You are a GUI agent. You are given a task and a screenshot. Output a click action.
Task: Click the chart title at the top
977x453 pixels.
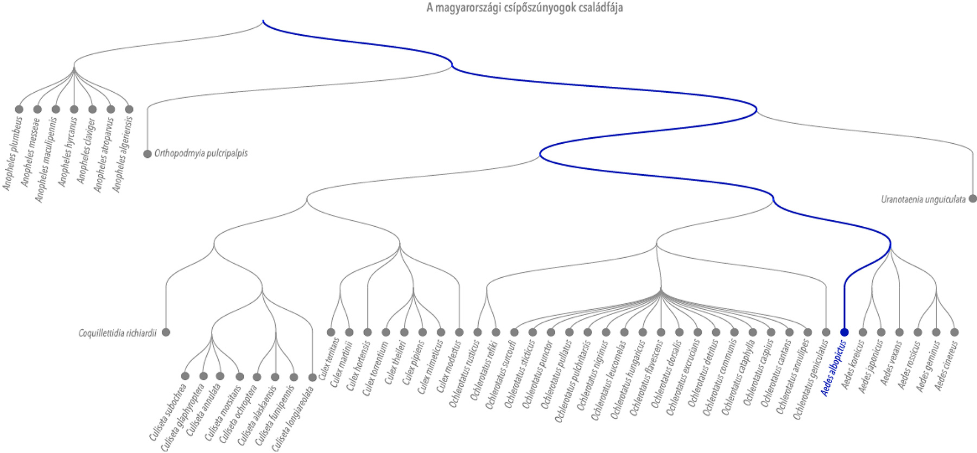coord(524,8)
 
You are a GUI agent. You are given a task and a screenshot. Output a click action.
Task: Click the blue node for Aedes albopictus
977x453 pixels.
coord(844,332)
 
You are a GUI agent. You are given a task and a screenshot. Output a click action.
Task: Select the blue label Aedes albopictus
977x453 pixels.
coord(834,368)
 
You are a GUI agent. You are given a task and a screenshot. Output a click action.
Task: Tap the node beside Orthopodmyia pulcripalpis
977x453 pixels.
coord(147,154)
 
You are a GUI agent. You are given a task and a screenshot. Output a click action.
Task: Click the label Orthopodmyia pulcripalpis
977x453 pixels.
coord(201,154)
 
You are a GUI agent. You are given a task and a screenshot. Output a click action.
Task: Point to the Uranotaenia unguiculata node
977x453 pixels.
coord(973,199)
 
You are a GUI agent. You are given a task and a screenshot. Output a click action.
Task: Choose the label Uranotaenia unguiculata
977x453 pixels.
coord(923,200)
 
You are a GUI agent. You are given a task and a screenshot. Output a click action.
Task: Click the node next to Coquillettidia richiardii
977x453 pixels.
coord(166,332)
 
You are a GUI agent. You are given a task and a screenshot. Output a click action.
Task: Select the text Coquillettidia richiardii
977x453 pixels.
coord(117,333)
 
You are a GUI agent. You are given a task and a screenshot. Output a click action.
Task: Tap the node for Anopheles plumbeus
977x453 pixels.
coord(19,109)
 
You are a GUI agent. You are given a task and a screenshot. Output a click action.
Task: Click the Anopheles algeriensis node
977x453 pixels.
coord(129,109)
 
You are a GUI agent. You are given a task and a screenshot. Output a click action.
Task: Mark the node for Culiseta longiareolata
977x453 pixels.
coord(312,377)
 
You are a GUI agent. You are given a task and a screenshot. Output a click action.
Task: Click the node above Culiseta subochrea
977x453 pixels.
coord(185,376)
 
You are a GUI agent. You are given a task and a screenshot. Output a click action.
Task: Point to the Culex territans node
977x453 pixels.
coord(331,332)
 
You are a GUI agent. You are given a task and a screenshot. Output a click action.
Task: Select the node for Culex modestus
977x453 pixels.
coord(459,332)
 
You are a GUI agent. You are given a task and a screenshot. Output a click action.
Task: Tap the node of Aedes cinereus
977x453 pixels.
coord(954,332)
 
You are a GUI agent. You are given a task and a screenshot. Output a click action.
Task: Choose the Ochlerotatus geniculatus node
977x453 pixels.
coord(826,332)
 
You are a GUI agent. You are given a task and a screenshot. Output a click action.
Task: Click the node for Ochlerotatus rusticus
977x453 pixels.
coord(478,332)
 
